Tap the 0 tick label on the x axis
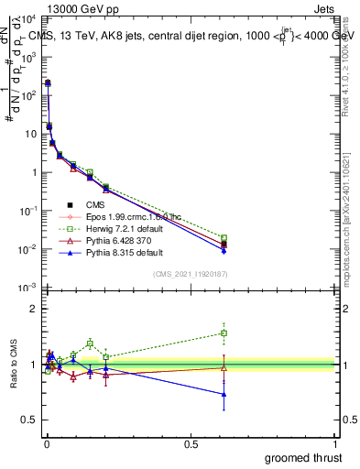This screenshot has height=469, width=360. (x=46, y=444)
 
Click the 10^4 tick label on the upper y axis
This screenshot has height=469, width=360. (x=27, y=18)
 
